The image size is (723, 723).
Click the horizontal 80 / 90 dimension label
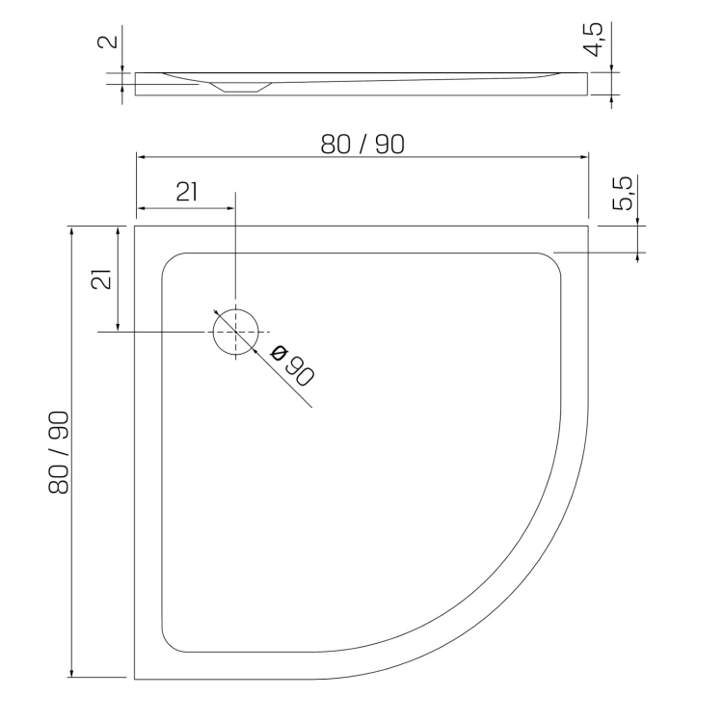[362, 144]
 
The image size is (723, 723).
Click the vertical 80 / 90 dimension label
[59, 452]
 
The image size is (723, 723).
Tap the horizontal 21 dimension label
[187, 192]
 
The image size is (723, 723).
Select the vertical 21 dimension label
[101, 280]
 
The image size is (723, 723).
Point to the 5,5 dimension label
[623, 194]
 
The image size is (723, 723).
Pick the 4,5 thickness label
[593, 40]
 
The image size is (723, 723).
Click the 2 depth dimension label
[108, 41]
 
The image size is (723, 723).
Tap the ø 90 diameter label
[292, 365]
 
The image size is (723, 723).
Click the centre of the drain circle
[235, 332]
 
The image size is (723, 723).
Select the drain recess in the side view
[241, 87]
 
